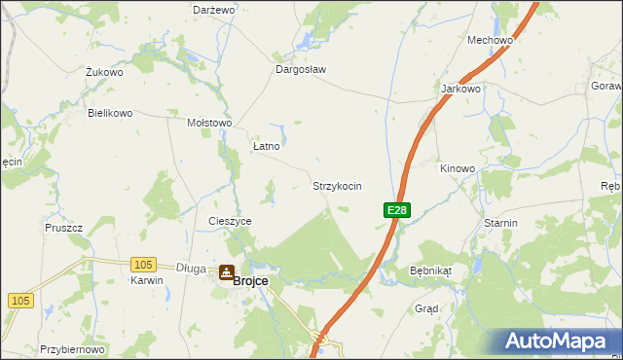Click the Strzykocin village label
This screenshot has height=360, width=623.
[337, 185]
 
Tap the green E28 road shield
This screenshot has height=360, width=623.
[396, 210]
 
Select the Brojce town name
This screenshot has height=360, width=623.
[250, 280]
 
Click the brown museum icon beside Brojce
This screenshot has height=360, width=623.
[226, 273]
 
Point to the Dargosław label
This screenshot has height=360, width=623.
[300, 70]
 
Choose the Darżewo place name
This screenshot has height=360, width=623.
[214, 9]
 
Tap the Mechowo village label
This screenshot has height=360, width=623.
[490, 40]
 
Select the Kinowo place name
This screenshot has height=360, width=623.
[458, 168]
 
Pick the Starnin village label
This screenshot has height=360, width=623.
[500, 223]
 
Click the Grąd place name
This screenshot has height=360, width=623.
[426, 308]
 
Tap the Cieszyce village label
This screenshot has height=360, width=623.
[230, 221]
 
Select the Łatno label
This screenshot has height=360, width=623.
[266, 146]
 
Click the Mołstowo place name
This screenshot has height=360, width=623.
[209, 124]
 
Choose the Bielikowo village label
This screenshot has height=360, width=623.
[110, 113]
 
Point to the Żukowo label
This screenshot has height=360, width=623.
[104, 72]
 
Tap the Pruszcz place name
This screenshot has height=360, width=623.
[63, 227]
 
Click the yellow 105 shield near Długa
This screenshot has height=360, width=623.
[143, 265]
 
